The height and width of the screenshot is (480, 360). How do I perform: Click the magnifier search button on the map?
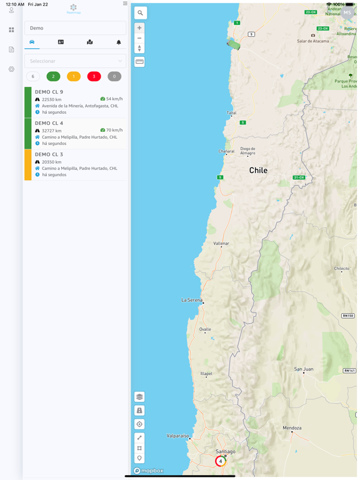(x=140, y=12)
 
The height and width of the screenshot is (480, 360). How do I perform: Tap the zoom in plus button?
(x=139, y=27)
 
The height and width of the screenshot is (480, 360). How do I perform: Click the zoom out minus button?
(x=139, y=38)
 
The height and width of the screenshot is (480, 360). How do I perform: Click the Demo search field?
(x=75, y=28)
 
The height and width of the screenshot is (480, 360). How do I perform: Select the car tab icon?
(x=32, y=42)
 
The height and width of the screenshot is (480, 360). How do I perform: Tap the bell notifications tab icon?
(x=119, y=42)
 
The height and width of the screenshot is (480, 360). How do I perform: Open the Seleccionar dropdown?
(x=75, y=61)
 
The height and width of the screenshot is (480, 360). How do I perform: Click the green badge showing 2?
(x=53, y=76)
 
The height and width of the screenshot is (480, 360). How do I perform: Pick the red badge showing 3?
(x=94, y=76)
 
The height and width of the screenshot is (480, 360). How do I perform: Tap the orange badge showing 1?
(x=74, y=76)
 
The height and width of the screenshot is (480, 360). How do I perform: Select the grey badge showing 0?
(x=114, y=76)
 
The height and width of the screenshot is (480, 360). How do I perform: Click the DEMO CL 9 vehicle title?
(x=49, y=92)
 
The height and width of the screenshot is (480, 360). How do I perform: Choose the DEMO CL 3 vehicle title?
(x=49, y=154)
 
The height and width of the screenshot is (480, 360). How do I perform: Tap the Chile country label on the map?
(x=258, y=170)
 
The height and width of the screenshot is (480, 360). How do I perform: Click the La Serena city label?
(x=191, y=300)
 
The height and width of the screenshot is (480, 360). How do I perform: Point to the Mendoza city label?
(x=292, y=428)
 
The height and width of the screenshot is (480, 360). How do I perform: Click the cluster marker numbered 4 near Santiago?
(x=220, y=461)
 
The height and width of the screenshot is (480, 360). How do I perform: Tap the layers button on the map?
(x=139, y=397)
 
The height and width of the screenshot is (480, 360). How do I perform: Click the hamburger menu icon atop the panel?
(x=125, y=4)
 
